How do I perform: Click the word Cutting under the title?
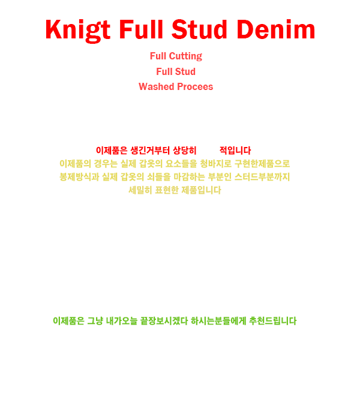click(185, 57)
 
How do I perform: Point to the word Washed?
click(157, 86)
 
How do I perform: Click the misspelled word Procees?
click(195, 86)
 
